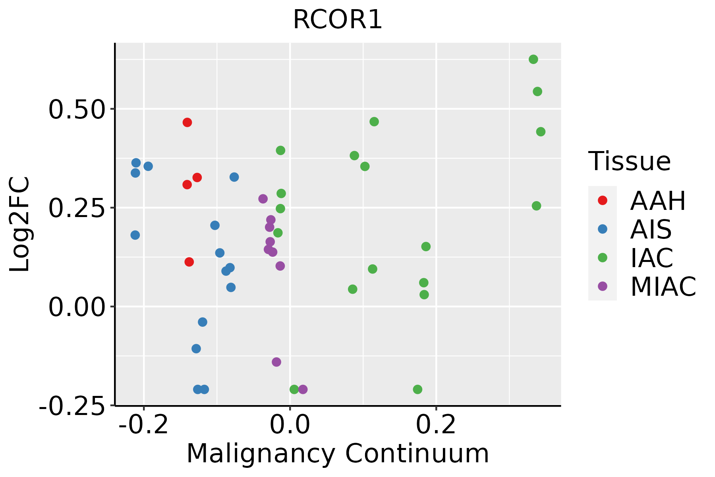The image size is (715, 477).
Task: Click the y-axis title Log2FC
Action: (x=20, y=225)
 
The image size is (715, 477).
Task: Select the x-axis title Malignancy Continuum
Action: (x=338, y=454)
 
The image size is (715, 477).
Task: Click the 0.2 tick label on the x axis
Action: (x=436, y=425)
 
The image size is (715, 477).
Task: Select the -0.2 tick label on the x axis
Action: (x=144, y=425)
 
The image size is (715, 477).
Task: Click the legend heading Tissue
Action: (x=629, y=162)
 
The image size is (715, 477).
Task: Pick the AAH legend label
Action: (x=658, y=201)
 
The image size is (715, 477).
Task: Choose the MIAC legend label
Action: (x=663, y=287)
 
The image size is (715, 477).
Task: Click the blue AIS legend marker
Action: (x=602, y=229)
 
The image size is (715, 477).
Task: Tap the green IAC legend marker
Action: (x=602, y=258)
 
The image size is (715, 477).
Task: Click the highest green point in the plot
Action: (x=533, y=59)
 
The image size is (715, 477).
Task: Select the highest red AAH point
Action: (x=187, y=122)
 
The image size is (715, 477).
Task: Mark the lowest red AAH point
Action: (x=189, y=262)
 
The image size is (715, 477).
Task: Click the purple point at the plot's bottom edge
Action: (x=303, y=389)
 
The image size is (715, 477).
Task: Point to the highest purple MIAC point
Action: (x=263, y=199)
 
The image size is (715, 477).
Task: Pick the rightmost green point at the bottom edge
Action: (x=417, y=389)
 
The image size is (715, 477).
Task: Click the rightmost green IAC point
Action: (x=541, y=132)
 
